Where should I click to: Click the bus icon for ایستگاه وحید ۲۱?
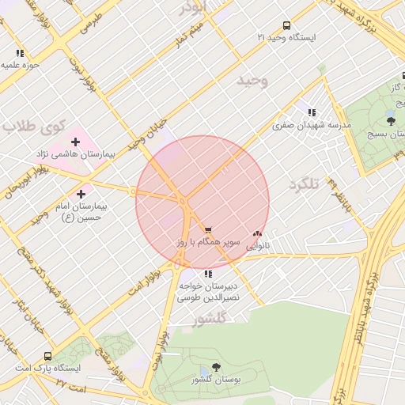pos(286,25)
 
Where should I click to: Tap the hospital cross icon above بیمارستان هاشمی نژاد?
pos(75,142)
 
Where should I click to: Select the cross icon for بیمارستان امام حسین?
pos(81,193)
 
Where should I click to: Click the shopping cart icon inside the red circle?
pos(208,229)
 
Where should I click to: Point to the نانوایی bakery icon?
pos(256,234)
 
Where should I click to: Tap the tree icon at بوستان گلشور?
pos(216,368)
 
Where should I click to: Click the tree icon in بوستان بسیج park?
pos(391,120)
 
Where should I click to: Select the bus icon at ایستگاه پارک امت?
pos(47,357)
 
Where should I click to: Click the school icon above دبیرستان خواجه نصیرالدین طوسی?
pos(208,274)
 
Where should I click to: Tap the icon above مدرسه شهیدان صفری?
pos(312,113)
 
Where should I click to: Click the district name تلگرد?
pos(304,184)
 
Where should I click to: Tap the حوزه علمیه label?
pos(21,65)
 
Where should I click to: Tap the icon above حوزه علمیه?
pos(20,53)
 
